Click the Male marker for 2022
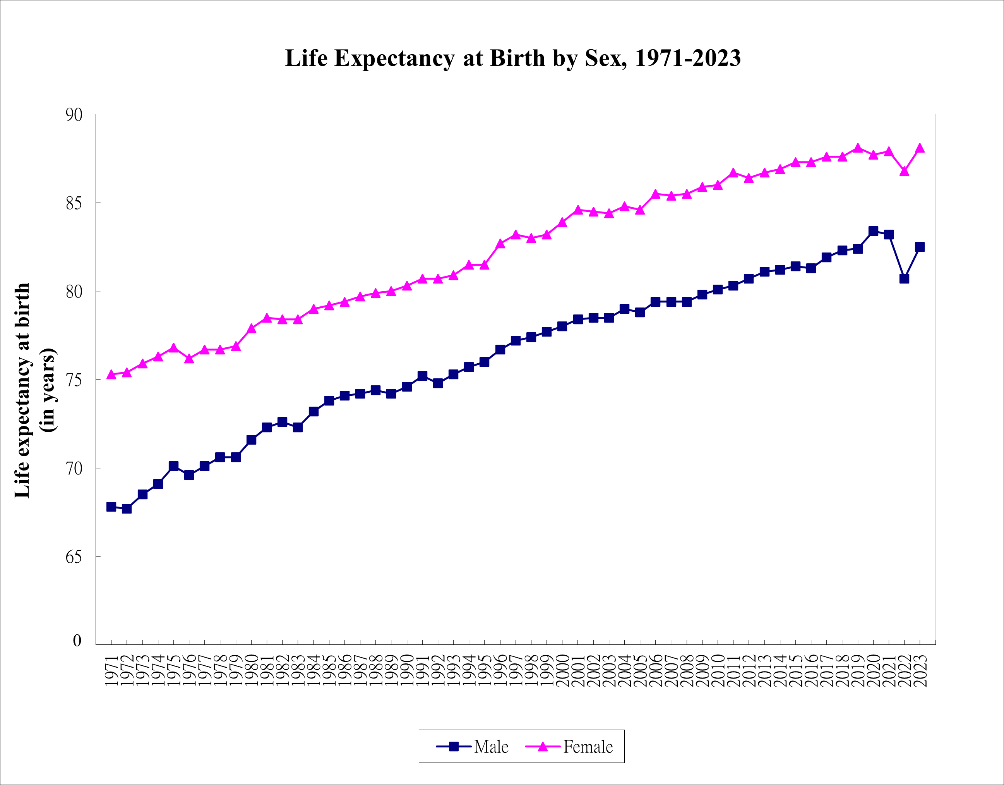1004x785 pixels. tap(904, 279)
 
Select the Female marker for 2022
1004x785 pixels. tap(904, 171)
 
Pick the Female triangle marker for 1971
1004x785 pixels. tap(111, 374)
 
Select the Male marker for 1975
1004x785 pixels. tap(173, 466)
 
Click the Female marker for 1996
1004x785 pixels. tap(500, 244)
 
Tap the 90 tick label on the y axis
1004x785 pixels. tap(74, 115)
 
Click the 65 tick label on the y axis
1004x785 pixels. tap(74, 557)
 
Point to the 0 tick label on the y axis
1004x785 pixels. tap(77, 641)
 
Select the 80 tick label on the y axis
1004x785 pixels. tap(74, 292)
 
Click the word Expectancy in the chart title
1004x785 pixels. tap(394, 58)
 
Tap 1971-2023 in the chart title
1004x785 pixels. tap(688, 58)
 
